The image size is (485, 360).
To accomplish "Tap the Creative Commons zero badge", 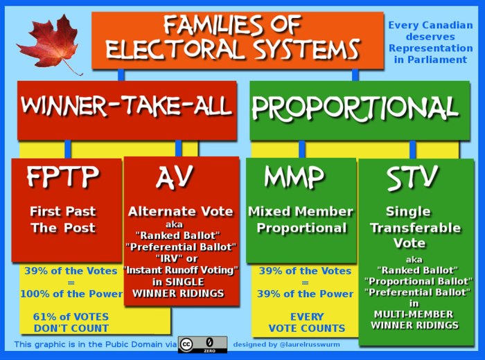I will pyautogui.click(x=202, y=344).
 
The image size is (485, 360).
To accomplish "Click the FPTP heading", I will pyautogui.click(x=63, y=178).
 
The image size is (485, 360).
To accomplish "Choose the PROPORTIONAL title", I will pyautogui.click(x=355, y=107).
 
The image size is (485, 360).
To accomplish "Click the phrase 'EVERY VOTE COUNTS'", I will pyautogui.click(x=307, y=323).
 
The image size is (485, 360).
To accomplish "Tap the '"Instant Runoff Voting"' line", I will pyautogui.click(x=180, y=269).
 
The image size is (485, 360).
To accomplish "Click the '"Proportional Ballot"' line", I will pyautogui.click(x=417, y=280).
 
